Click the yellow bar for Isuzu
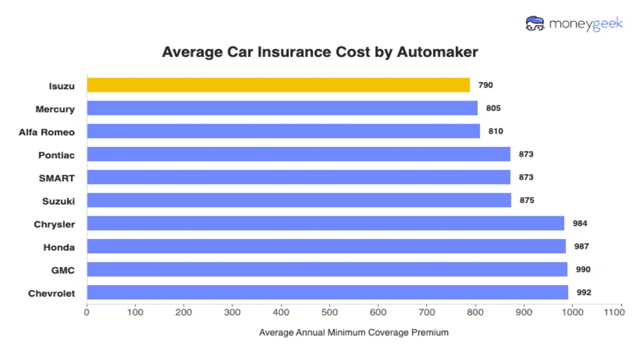click(278, 85)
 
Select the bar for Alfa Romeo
click(283, 131)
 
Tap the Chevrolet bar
click(327, 292)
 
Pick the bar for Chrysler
click(325, 223)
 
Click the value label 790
click(485, 85)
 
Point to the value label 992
click(583, 292)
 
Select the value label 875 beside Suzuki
click(526, 201)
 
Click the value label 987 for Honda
click(581, 246)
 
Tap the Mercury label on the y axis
click(55, 109)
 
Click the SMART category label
click(57, 178)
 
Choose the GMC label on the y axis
click(63, 270)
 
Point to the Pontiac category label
click(57, 155)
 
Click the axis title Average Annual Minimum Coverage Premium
click(354, 332)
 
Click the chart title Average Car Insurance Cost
click(320, 52)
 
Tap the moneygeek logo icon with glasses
click(534, 23)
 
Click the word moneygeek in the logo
click(586, 24)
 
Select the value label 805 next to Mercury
click(493, 108)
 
